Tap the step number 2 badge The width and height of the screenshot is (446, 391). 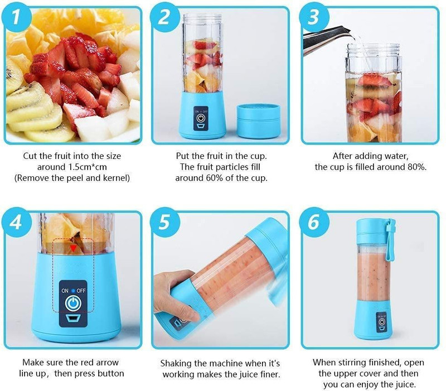click(x=164, y=18)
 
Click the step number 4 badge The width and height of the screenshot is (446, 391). click(x=17, y=223)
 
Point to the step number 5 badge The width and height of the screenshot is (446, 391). click(x=164, y=223)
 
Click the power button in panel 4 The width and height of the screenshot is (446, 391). click(x=73, y=304)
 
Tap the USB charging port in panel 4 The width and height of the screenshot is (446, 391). click(x=73, y=319)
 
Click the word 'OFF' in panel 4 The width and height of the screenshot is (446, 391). click(x=81, y=291)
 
